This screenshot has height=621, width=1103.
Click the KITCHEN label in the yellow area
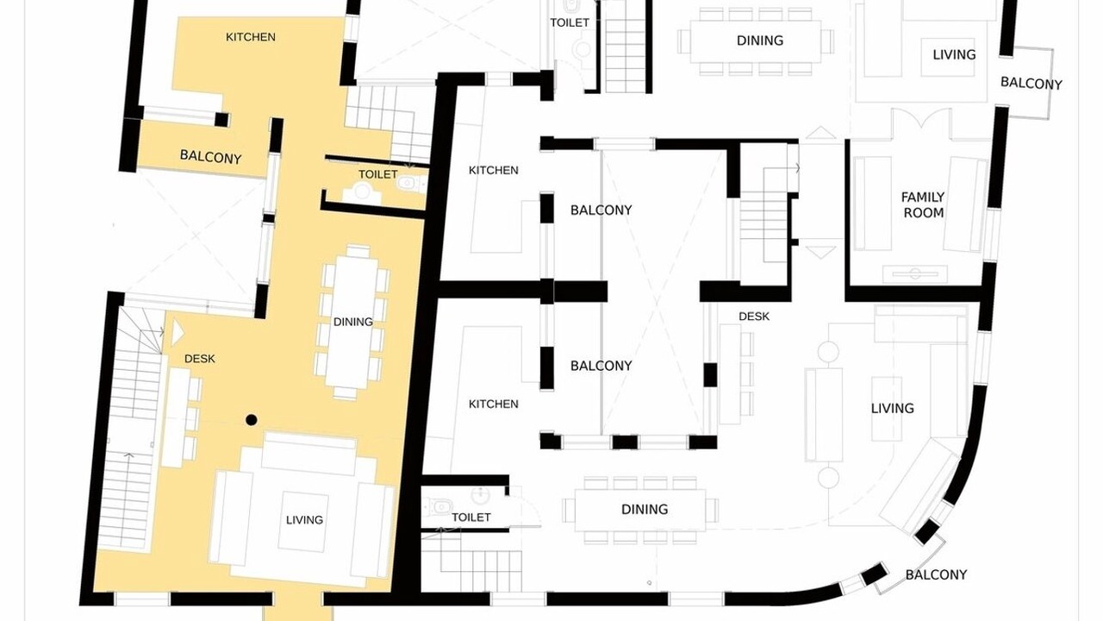(250, 37)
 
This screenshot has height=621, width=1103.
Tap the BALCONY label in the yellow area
(210, 157)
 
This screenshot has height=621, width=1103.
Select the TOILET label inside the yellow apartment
(377, 174)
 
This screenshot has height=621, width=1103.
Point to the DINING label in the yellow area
(352, 322)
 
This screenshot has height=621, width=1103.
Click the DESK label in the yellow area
(199, 359)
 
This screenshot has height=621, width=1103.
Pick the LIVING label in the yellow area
(304, 519)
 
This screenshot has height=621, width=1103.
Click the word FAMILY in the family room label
(922, 198)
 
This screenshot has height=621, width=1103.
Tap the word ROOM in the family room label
(923, 213)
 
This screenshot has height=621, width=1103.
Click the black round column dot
(251, 420)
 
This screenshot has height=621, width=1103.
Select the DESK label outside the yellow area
(754, 317)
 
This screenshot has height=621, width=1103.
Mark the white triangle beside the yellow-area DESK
(177, 333)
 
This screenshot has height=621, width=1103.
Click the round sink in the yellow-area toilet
(362, 191)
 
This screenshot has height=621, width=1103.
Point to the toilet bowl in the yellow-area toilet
(409, 184)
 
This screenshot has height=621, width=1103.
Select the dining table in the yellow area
(352, 322)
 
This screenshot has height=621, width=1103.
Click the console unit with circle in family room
(914, 273)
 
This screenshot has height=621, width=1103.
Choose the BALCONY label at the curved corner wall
(936, 574)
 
